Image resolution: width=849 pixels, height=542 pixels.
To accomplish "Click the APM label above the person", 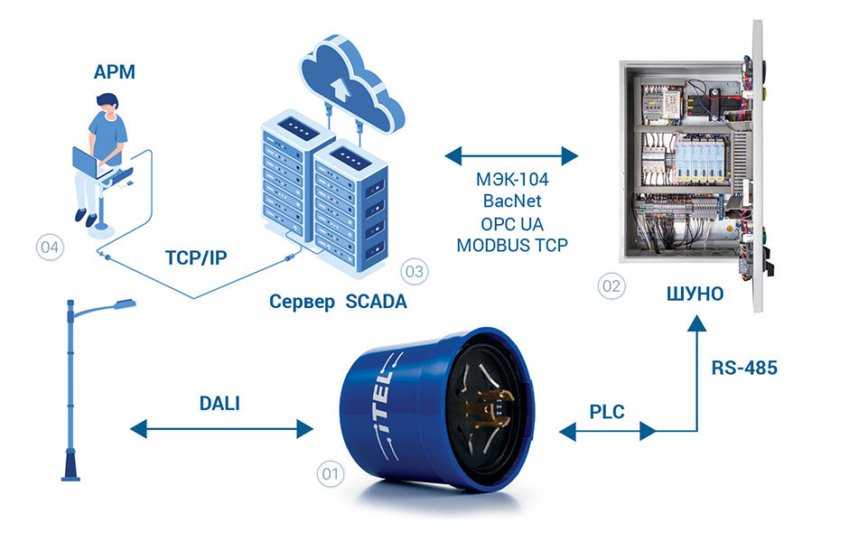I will click(114, 72).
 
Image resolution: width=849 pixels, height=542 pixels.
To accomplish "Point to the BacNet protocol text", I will click(512, 201).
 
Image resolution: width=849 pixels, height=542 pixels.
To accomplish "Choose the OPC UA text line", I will click(512, 222).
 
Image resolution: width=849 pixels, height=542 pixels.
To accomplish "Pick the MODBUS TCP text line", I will click(512, 244).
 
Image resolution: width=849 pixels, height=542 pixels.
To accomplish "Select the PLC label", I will click(606, 411).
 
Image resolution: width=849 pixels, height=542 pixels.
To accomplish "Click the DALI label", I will click(219, 405).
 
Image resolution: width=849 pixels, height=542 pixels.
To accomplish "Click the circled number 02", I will click(611, 286).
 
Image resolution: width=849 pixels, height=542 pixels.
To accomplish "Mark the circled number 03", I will click(414, 270).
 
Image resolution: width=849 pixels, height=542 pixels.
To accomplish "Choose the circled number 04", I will click(49, 245).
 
